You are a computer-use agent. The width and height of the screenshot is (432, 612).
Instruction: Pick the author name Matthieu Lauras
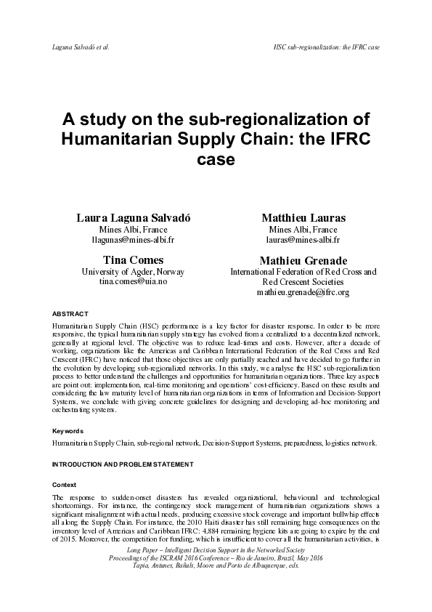pos(303,217)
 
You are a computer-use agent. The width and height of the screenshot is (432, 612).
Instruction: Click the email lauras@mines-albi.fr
pos(303,238)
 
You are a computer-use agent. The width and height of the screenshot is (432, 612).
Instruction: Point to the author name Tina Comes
pos(132,259)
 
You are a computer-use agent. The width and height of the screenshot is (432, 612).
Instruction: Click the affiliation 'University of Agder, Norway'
pos(132,271)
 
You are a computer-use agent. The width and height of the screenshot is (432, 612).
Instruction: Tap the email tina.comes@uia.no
pos(132,281)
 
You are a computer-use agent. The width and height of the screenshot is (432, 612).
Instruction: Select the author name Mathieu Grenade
pos(303,260)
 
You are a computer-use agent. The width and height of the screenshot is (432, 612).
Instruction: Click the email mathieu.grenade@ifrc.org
pos(303,292)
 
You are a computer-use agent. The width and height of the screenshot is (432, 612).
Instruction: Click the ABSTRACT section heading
pos(70,313)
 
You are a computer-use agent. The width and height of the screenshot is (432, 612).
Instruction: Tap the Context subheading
pos(65,483)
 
